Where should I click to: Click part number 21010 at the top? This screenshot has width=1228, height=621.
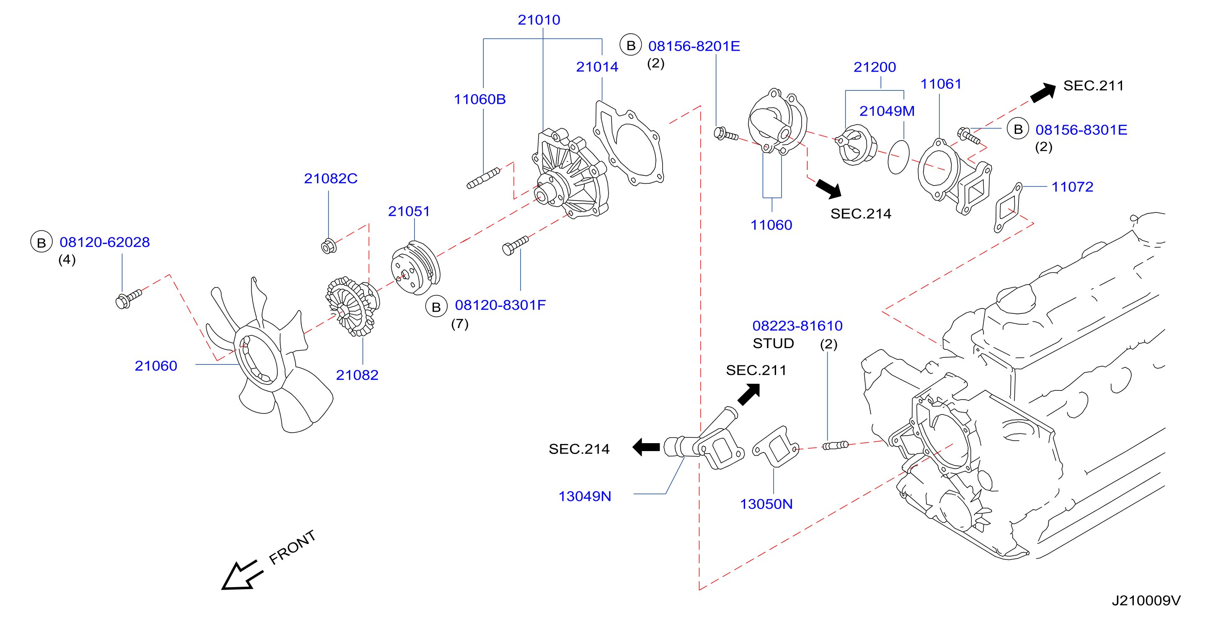click(x=539, y=20)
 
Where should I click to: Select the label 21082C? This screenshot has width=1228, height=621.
click(x=330, y=179)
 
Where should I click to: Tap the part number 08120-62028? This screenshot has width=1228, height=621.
click(x=104, y=242)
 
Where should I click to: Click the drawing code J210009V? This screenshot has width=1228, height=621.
click(x=1146, y=600)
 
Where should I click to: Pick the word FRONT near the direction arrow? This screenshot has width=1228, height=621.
click(x=292, y=547)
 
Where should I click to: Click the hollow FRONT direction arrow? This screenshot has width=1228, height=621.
click(x=242, y=575)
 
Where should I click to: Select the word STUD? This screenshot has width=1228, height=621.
click(x=773, y=344)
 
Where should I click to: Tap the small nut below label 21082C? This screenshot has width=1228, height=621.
click(x=328, y=246)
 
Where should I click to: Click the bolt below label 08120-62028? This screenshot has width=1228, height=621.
click(x=128, y=299)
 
